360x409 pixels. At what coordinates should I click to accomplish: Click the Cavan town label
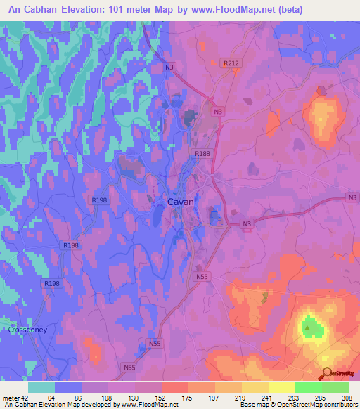pyautogui.click(x=181, y=202)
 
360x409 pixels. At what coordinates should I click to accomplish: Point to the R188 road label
pyautogui.click(x=201, y=152)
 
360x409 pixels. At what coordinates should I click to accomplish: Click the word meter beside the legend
pyautogui.click(x=9, y=397)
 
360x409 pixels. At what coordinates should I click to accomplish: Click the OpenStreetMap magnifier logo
pyautogui.click(x=327, y=374)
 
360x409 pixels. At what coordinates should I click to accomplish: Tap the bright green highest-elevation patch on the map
pyautogui.click(x=309, y=326)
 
